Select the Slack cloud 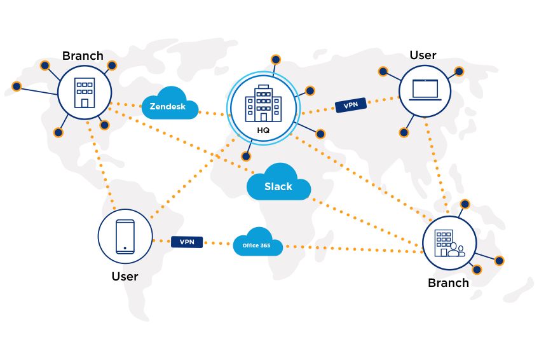278,184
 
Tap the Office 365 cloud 257,244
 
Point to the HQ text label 263,130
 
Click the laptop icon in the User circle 425,90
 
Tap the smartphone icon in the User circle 125,237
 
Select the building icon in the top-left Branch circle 85,92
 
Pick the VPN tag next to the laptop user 350,105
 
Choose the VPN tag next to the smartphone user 187,242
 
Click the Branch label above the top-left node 83,55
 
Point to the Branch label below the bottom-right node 448,282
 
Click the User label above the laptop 423,55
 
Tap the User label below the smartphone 125,276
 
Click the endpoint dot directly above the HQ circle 276,59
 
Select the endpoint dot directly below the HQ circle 246,156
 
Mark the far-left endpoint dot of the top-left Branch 17,86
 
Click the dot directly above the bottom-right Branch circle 465,204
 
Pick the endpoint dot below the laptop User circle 404,132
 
